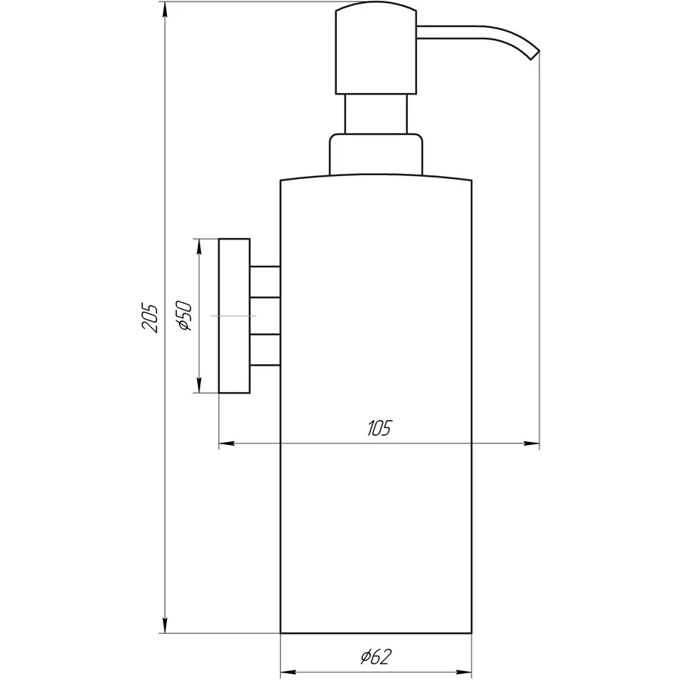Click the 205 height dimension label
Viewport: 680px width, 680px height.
pyautogui.click(x=150, y=318)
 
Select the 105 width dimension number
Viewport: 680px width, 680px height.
pyautogui.click(x=379, y=429)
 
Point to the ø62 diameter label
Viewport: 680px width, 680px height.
pyautogui.click(x=376, y=657)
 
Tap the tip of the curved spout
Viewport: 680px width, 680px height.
pyautogui.click(x=536, y=54)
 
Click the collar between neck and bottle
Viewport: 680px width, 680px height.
pyautogui.click(x=376, y=156)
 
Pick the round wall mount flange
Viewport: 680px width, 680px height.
pyautogui.click(x=234, y=316)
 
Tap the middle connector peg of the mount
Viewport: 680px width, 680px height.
pyautogui.click(x=265, y=316)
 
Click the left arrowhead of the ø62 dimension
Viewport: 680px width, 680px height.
pyautogui.click(x=287, y=671)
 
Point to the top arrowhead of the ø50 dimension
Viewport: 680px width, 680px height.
pyautogui.click(x=199, y=246)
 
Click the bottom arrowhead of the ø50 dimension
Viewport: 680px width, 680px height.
pyautogui.click(x=199, y=386)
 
